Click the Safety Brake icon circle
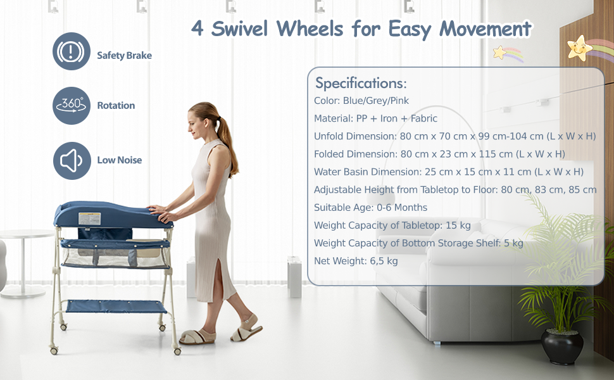pyautogui.click(x=71, y=51)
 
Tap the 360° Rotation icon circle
pyautogui.click(x=71, y=106)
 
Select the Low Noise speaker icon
pyautogui.click(x=71, y=160)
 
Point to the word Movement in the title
pyautogui.click(x=486, y=29)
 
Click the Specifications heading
pyautogui.click(x=361, y=83)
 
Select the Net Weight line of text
pyautogui.click(x=356, y=260)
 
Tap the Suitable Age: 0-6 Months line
pyautogui.click(x=370, y=207)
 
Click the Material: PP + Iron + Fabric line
pyautogui.click(x=375, y=118)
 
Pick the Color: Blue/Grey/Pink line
pyautogui.click(x=361, y=101)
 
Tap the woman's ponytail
pyautogui.click(x=225, y=142)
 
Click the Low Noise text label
pyautogui.click(x=119, y=160)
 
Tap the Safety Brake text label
pyautogui.click(x=124, y=55)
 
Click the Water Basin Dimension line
pyautogui.click(x=448, y=172)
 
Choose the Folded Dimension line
pyautogui.click(x=439, y=154)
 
